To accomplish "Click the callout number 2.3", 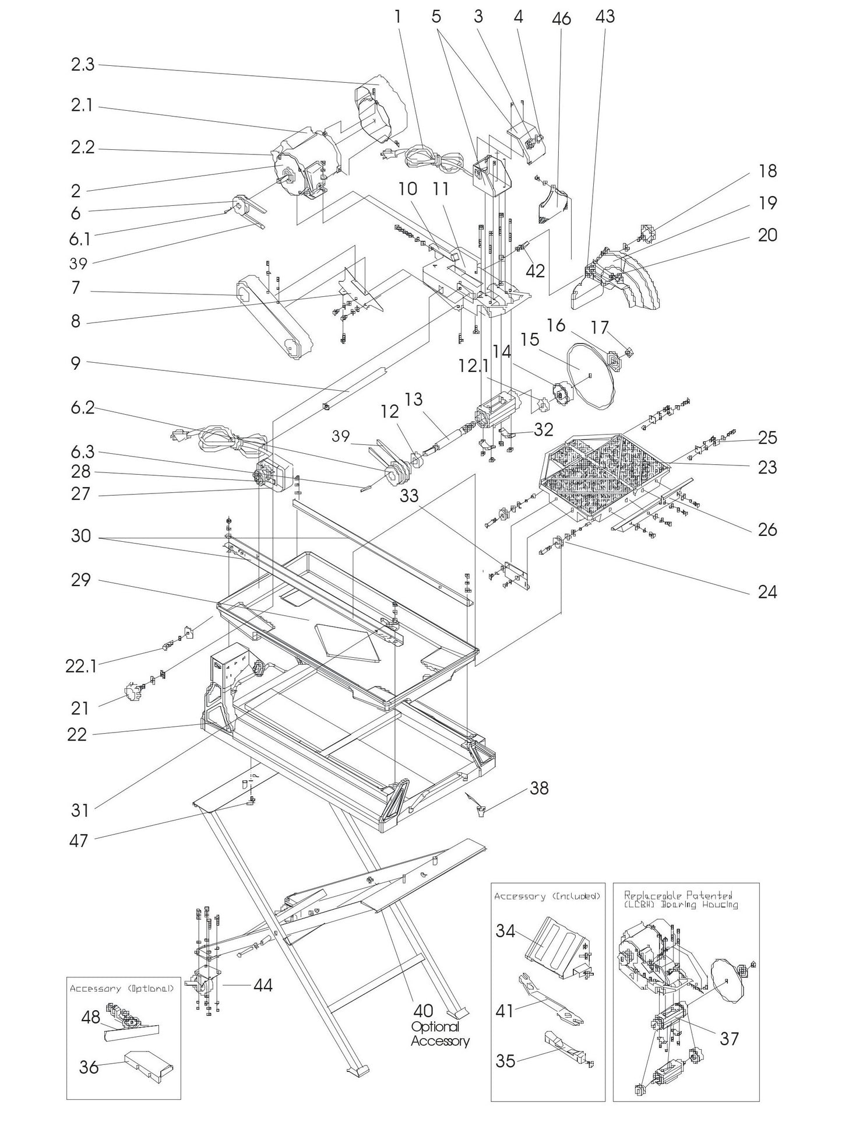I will point(82,64).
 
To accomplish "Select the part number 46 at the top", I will point(561,19).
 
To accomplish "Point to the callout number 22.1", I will point(81,666).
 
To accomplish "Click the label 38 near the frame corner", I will point(539,788).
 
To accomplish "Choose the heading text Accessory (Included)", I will point(547,896).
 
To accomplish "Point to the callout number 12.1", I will point(473,366).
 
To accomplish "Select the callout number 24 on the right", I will point(767,592).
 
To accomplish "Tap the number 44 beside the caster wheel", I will point(263,985).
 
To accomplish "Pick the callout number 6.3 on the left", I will point(82,453).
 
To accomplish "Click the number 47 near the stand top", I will point(78,840).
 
